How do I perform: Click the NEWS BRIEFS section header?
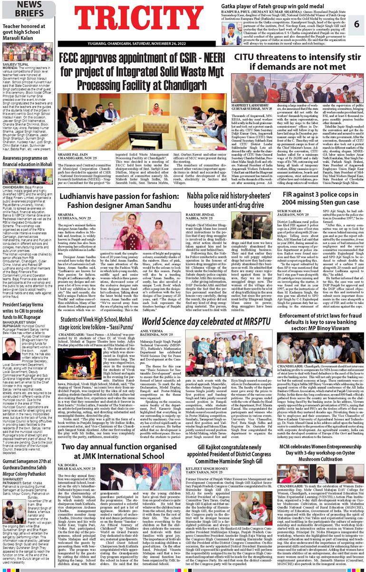22,9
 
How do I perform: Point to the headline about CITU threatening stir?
295,62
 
